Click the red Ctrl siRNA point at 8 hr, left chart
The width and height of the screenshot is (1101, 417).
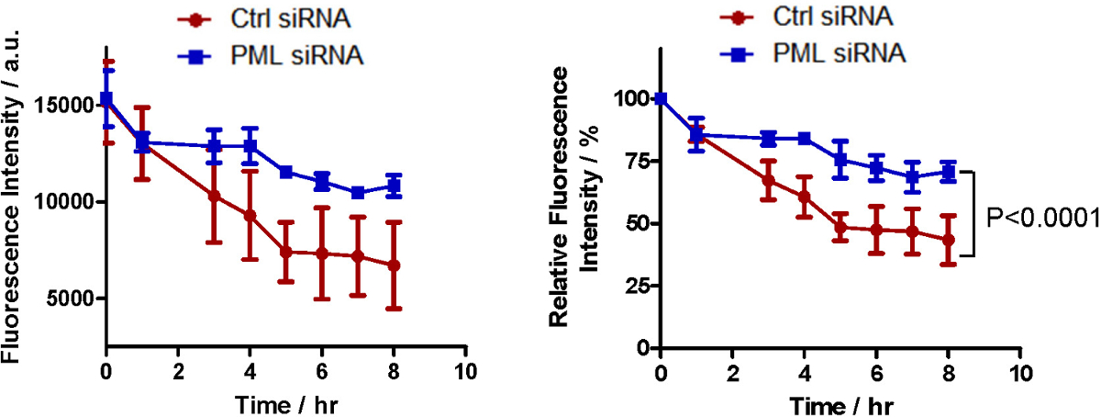pos(394,265)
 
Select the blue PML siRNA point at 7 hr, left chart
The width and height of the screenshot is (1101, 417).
pos(358,192)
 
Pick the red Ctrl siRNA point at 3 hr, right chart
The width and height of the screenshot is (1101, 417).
pos(768,179)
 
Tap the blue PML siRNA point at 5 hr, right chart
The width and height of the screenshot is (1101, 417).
pos(840,160)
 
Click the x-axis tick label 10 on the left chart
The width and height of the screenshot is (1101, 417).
pos(465,372)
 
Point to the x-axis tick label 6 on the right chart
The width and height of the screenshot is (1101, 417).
pos(876,372)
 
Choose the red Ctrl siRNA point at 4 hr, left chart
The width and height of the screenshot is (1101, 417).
pos(250,215)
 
